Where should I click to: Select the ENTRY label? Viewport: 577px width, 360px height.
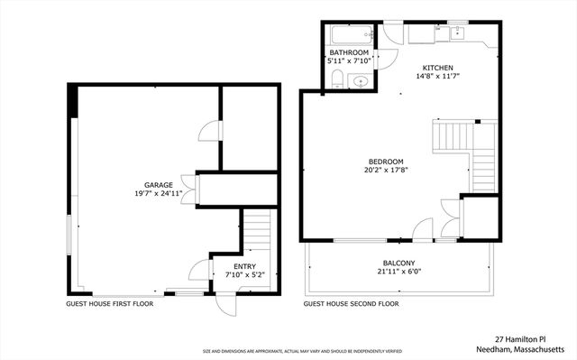tap(244, 266)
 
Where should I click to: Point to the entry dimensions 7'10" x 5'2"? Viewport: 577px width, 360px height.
tap(244, 275)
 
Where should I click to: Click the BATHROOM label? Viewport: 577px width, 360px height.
tap(348, 53)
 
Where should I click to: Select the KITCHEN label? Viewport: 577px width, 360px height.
tap(434, 68)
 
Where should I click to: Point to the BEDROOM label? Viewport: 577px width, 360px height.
tap(384, 161)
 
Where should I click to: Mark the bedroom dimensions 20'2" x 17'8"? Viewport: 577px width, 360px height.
tap(384, 170)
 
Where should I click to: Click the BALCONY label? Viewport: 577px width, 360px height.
tap(397, 263)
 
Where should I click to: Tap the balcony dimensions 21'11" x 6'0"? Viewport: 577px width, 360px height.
tap(397, 272)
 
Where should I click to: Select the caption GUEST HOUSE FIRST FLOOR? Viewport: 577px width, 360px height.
tap(109, 304)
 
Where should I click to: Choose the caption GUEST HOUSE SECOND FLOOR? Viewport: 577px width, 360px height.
tap(351, 304)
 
